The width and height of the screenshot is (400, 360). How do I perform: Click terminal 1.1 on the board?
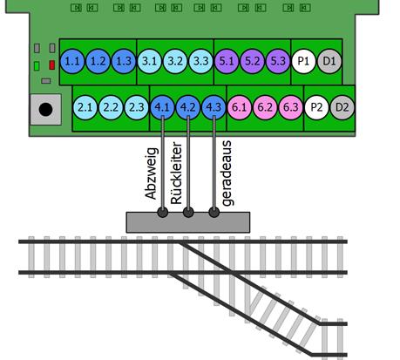[72, 62]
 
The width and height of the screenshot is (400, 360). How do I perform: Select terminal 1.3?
[123, 62]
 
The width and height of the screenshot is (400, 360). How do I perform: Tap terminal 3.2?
[175, 62]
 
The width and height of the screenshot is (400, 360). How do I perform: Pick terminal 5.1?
[227, 62]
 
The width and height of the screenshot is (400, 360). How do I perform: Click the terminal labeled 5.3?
[277, 62]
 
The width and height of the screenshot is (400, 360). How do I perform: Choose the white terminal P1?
[303, 62]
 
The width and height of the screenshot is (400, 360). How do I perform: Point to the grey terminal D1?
[329, 62]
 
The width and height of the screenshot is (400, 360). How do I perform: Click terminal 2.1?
[85, 108]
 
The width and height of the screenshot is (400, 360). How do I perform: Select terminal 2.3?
[136, 108]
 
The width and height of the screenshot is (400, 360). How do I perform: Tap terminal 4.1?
[162, 108]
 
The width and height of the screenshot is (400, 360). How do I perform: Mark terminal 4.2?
[187, 108]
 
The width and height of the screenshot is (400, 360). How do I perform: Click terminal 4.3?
[214, 108]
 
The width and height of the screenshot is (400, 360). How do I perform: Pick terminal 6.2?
[265, 108]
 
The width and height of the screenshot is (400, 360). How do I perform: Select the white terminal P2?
[316, 108]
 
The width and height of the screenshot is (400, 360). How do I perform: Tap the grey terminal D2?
[342, 108]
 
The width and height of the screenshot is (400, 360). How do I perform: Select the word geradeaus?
[227, 173]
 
